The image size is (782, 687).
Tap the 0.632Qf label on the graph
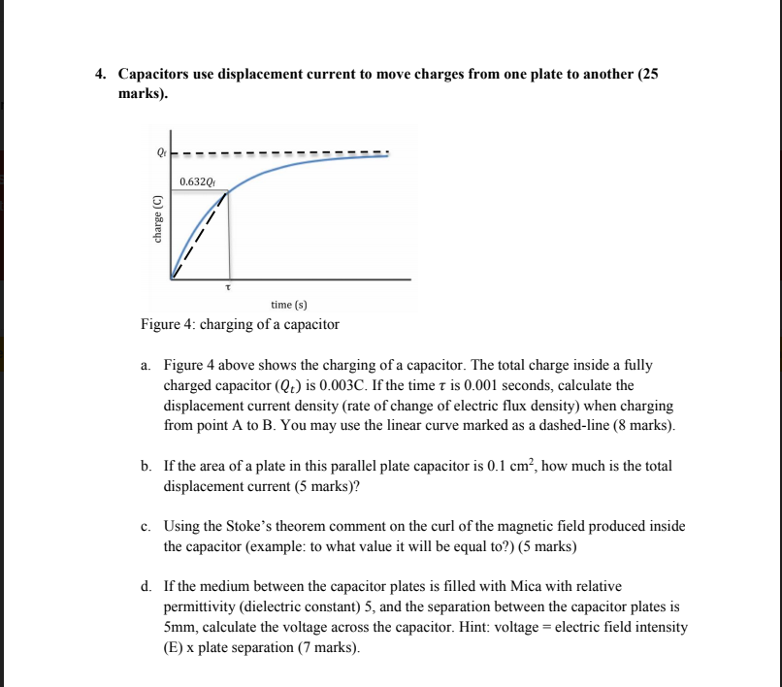click(198, 181)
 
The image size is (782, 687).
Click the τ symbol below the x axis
click(229, 287)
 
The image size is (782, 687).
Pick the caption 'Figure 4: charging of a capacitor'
click(240, 324)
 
